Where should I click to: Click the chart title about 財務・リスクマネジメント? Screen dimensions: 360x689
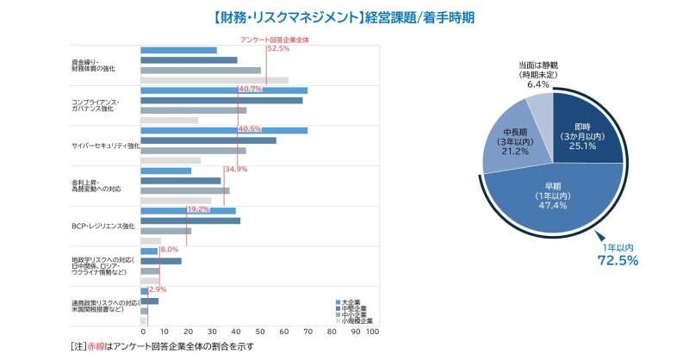344,16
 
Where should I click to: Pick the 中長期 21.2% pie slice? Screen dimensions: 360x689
508,141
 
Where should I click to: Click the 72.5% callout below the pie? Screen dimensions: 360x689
617,256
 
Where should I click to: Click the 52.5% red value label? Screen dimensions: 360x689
278,49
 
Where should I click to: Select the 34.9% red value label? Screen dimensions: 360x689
236,169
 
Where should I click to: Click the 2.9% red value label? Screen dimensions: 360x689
158,289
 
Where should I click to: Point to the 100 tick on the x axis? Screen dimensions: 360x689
372,332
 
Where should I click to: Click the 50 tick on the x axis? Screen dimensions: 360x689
261,332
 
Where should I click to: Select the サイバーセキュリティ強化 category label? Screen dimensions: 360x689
105,146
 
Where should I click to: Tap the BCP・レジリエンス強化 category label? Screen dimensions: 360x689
102,227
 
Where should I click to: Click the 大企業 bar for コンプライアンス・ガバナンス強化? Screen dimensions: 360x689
224,90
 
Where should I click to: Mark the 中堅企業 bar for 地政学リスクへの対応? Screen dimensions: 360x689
161,261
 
